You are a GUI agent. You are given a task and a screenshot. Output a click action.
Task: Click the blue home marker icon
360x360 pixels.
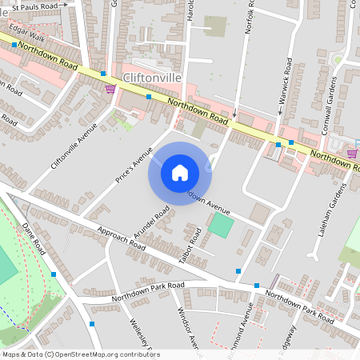coord(180,173)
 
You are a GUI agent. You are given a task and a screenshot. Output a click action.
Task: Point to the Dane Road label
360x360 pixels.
coord(36,238)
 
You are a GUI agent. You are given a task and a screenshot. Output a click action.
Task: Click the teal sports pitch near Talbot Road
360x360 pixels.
coord(222,224)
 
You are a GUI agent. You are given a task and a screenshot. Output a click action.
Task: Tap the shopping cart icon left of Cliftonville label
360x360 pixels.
coord(110,89)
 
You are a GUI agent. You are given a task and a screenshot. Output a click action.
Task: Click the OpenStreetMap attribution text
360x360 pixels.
coord(80,354)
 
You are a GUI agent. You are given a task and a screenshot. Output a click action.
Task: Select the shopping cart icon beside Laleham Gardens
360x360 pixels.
coord(352,153)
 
